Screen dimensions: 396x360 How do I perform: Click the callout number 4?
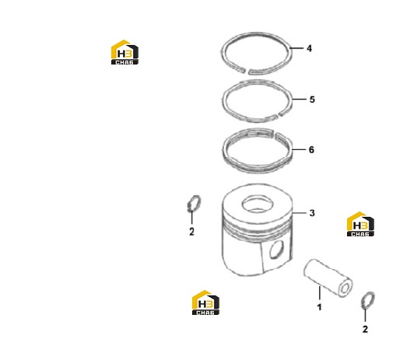point(309,48)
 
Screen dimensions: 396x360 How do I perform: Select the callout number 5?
point(312,100)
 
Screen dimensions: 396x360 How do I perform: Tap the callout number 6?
point(311,150)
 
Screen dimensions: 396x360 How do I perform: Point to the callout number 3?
point(312,213)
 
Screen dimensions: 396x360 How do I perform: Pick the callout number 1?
point(319,307)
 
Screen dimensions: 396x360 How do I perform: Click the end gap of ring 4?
point(247,71)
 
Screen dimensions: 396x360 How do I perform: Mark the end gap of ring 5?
point(277,115)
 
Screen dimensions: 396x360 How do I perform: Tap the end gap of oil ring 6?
point(275,133)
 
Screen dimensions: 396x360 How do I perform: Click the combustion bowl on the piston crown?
point(258,204)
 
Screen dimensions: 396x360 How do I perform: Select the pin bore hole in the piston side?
point(277,249)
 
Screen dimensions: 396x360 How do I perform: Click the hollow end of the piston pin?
point(345,288)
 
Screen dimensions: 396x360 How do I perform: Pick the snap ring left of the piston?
point(194,204)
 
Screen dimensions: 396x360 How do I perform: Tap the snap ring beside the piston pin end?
point(368,300)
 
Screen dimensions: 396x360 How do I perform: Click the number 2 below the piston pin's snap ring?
point(365,329)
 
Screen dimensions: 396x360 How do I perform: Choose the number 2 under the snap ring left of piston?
point(191,232)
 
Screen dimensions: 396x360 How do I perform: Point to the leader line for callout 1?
point(320,293)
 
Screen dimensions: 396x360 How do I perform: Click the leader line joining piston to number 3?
point(300,213)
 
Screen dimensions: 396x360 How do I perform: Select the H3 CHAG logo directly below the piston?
point(205,302)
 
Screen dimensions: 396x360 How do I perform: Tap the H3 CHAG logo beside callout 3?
point(360,224)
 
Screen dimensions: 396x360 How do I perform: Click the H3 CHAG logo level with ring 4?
point(124,52)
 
